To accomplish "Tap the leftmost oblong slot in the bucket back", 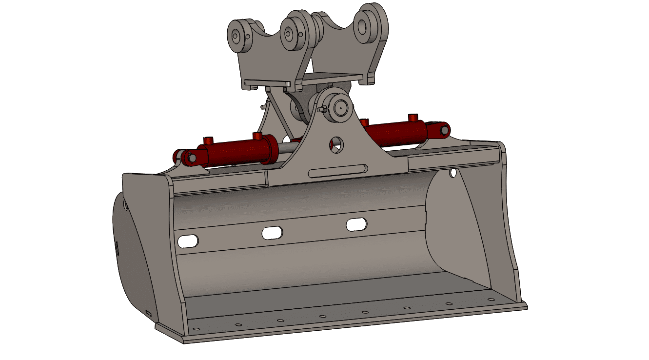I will pos(188,240).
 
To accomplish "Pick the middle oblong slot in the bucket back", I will pos(273,233).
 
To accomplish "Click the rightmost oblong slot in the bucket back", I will pos(356,224).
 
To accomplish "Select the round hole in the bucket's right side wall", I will pos(453,172).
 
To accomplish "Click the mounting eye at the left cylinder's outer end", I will pos(190,157).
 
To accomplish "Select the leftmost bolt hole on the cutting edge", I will pos(196,329).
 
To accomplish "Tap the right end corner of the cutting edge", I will pos(526,306).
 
